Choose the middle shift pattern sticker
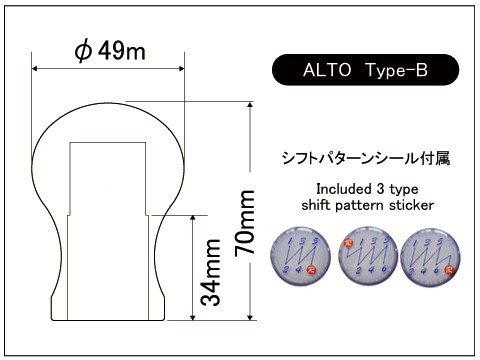[364, 254]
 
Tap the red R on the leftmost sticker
[312, 270]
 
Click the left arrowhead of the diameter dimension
[37, 69]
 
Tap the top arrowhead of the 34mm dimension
[193, 217]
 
